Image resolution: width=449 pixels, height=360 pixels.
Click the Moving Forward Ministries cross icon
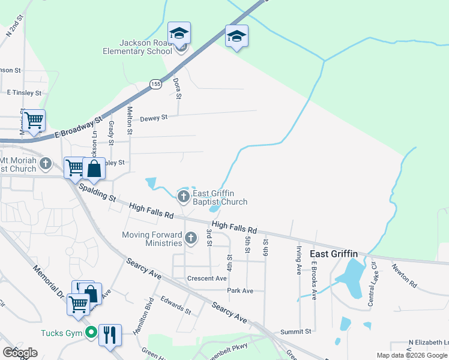point(191,238)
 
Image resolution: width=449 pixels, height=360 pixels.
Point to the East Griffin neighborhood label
point(334,254)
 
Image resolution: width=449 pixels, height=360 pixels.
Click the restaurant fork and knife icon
point(110,334)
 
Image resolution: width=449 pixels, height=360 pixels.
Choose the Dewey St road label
point(154,119)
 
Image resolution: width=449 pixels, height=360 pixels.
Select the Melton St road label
point(130,119)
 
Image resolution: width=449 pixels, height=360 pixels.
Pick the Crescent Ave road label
point(207,278)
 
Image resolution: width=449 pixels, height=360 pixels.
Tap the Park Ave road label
point(240,291)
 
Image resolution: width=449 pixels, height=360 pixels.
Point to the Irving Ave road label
point(298,263)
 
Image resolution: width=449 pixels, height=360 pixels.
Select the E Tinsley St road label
point(25,93)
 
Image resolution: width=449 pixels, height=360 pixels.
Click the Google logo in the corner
point(20,352)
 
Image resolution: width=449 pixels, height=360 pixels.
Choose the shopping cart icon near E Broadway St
point(34,119)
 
